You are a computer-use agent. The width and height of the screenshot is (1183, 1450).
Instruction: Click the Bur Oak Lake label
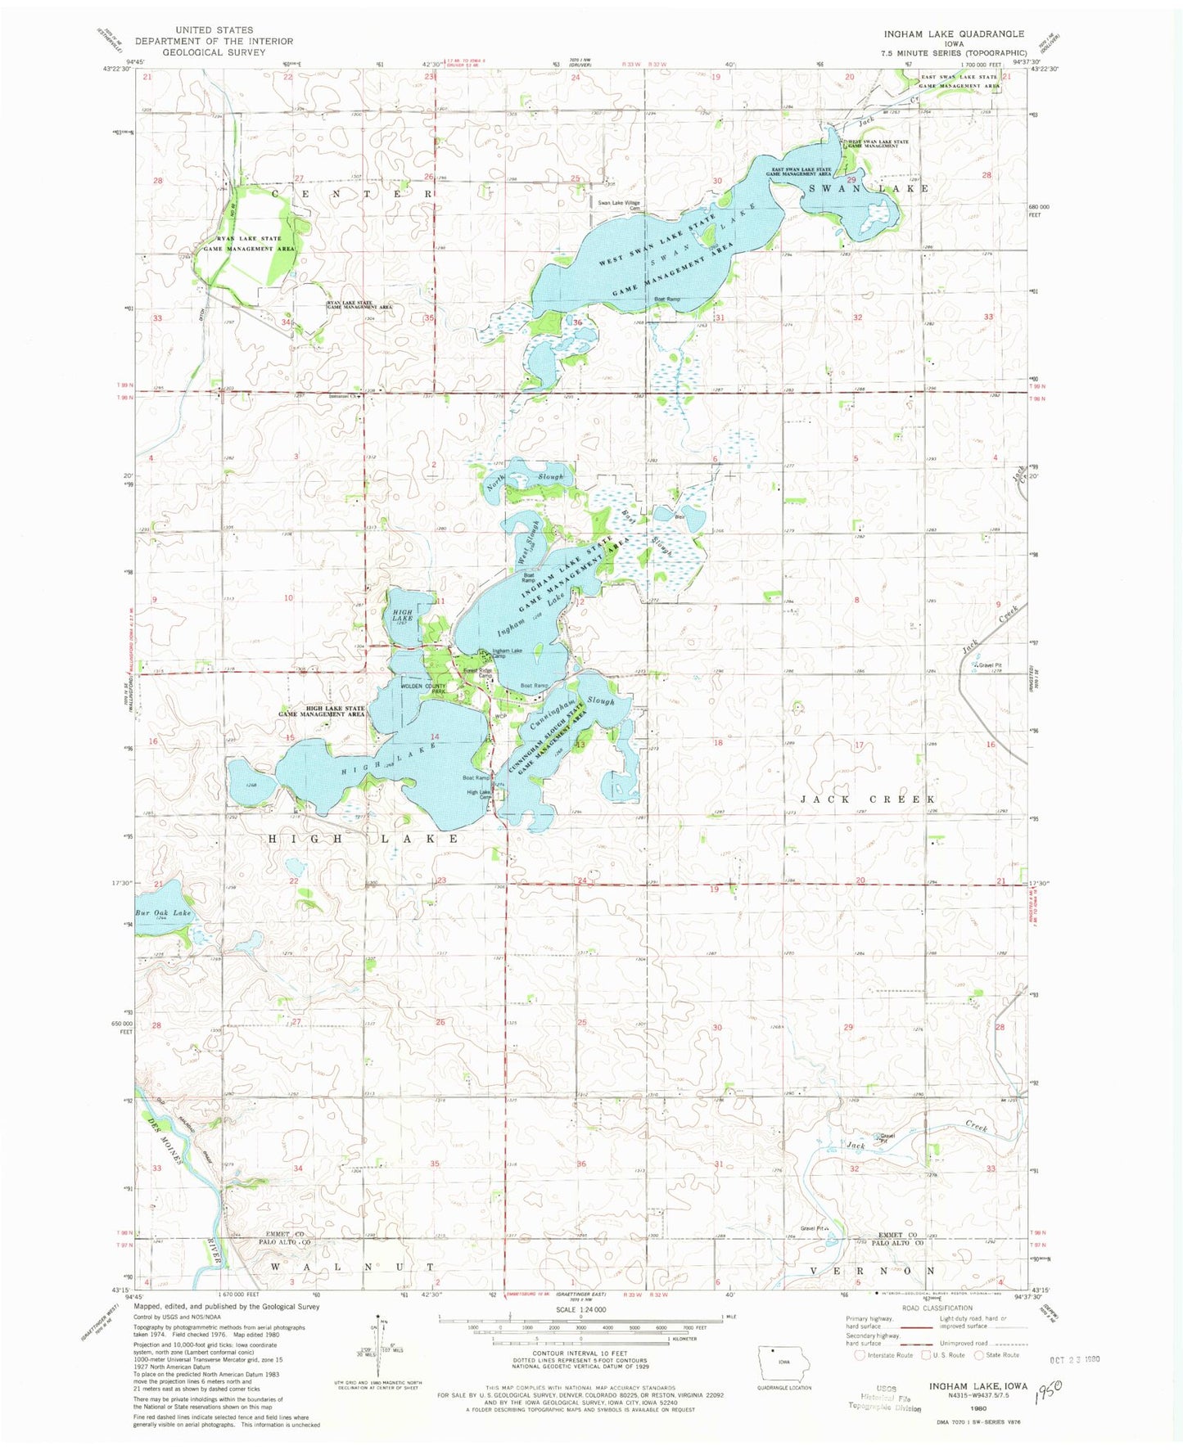pos(162,912)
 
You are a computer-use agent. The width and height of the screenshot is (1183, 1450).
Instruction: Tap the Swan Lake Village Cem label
pos(618,205)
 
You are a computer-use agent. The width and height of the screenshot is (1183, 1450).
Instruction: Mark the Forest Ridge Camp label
pos(478,673)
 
